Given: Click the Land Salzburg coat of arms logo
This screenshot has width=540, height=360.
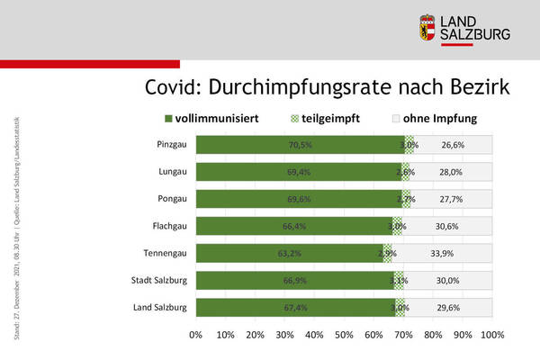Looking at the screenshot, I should tap(428, 27).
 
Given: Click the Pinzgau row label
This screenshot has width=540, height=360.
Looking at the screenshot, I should tap(171, 144).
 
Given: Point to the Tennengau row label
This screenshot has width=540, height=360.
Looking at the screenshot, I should tap(166, 253).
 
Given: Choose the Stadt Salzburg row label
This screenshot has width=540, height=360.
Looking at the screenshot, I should tap(159, 280).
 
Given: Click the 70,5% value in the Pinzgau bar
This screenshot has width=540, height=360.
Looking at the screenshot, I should tap(301, 145).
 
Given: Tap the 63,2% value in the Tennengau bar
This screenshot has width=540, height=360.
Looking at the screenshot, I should tap(288, 254).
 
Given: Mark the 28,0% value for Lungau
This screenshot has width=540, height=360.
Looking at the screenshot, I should tap(450, 172).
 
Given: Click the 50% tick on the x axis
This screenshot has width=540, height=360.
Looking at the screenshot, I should tap(344, 335).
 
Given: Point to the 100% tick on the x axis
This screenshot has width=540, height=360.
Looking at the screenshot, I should tap(492, 335).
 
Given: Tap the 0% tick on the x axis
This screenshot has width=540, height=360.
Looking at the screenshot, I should tap(196, 335).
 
